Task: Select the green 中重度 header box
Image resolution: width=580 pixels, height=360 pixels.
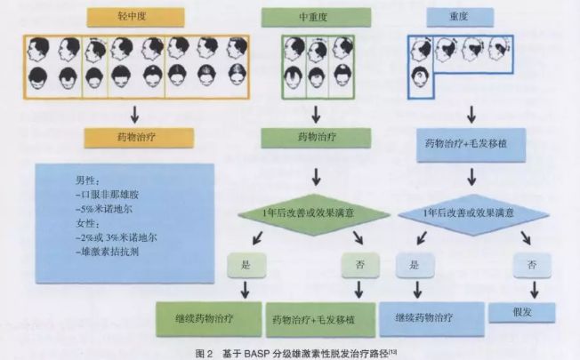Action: pos(309,17)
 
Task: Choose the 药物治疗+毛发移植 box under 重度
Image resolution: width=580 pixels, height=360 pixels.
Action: pos(471,143)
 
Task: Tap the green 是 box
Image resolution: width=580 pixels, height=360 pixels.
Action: pos(243,264)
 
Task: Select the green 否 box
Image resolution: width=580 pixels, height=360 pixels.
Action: pos(359,264)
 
